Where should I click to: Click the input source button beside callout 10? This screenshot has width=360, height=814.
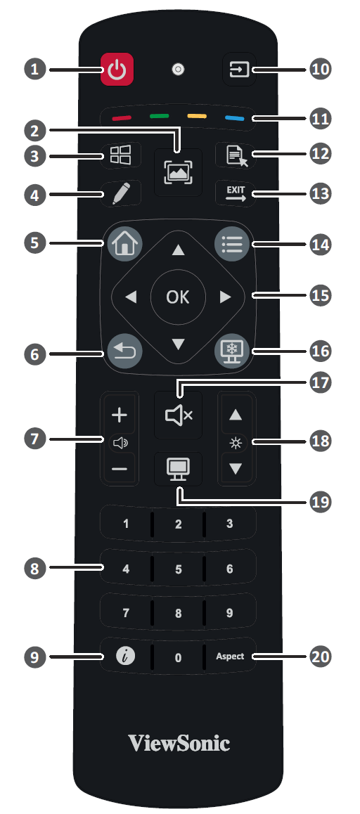point(239,68)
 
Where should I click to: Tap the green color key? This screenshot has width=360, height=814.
point(160,116)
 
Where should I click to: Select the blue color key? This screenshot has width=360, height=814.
point(234,118)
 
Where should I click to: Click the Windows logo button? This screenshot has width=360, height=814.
point(120,155)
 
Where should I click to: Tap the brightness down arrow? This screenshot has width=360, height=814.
point(236,468)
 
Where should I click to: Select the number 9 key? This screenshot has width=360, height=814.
point(230,613)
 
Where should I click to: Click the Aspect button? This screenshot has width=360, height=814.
point(230,656)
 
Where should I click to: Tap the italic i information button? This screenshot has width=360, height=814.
point(125,657)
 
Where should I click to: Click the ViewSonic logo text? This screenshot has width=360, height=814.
point(179,744)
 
